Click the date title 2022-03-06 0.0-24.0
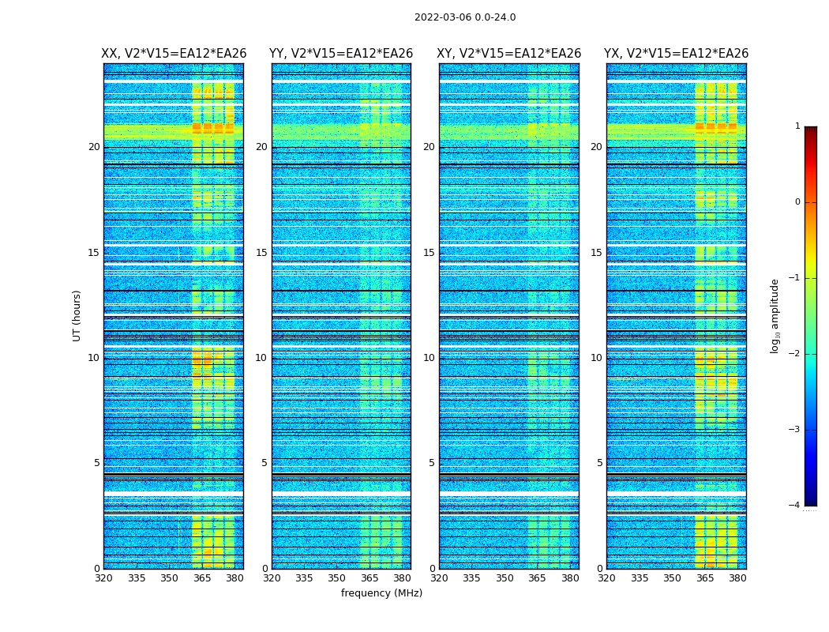[465, 17]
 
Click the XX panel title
[174, 54]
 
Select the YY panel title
[341, 54]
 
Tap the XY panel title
[509, 54]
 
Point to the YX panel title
[677, 54]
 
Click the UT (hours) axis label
[77, 315]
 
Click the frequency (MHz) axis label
[381, 593]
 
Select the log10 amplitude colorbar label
[775, 315]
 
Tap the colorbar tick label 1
[797, 126]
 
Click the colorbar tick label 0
[797, 202]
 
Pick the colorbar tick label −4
[795, 506]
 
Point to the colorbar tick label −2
[795, 354]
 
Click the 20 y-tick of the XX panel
[94, 147]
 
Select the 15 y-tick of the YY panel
[261, 253]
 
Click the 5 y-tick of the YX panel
[599, 463]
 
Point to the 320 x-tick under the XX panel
[103, 578]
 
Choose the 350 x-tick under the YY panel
[336, 578]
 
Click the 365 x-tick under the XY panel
[537, 578]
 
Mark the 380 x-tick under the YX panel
[737, 578]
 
